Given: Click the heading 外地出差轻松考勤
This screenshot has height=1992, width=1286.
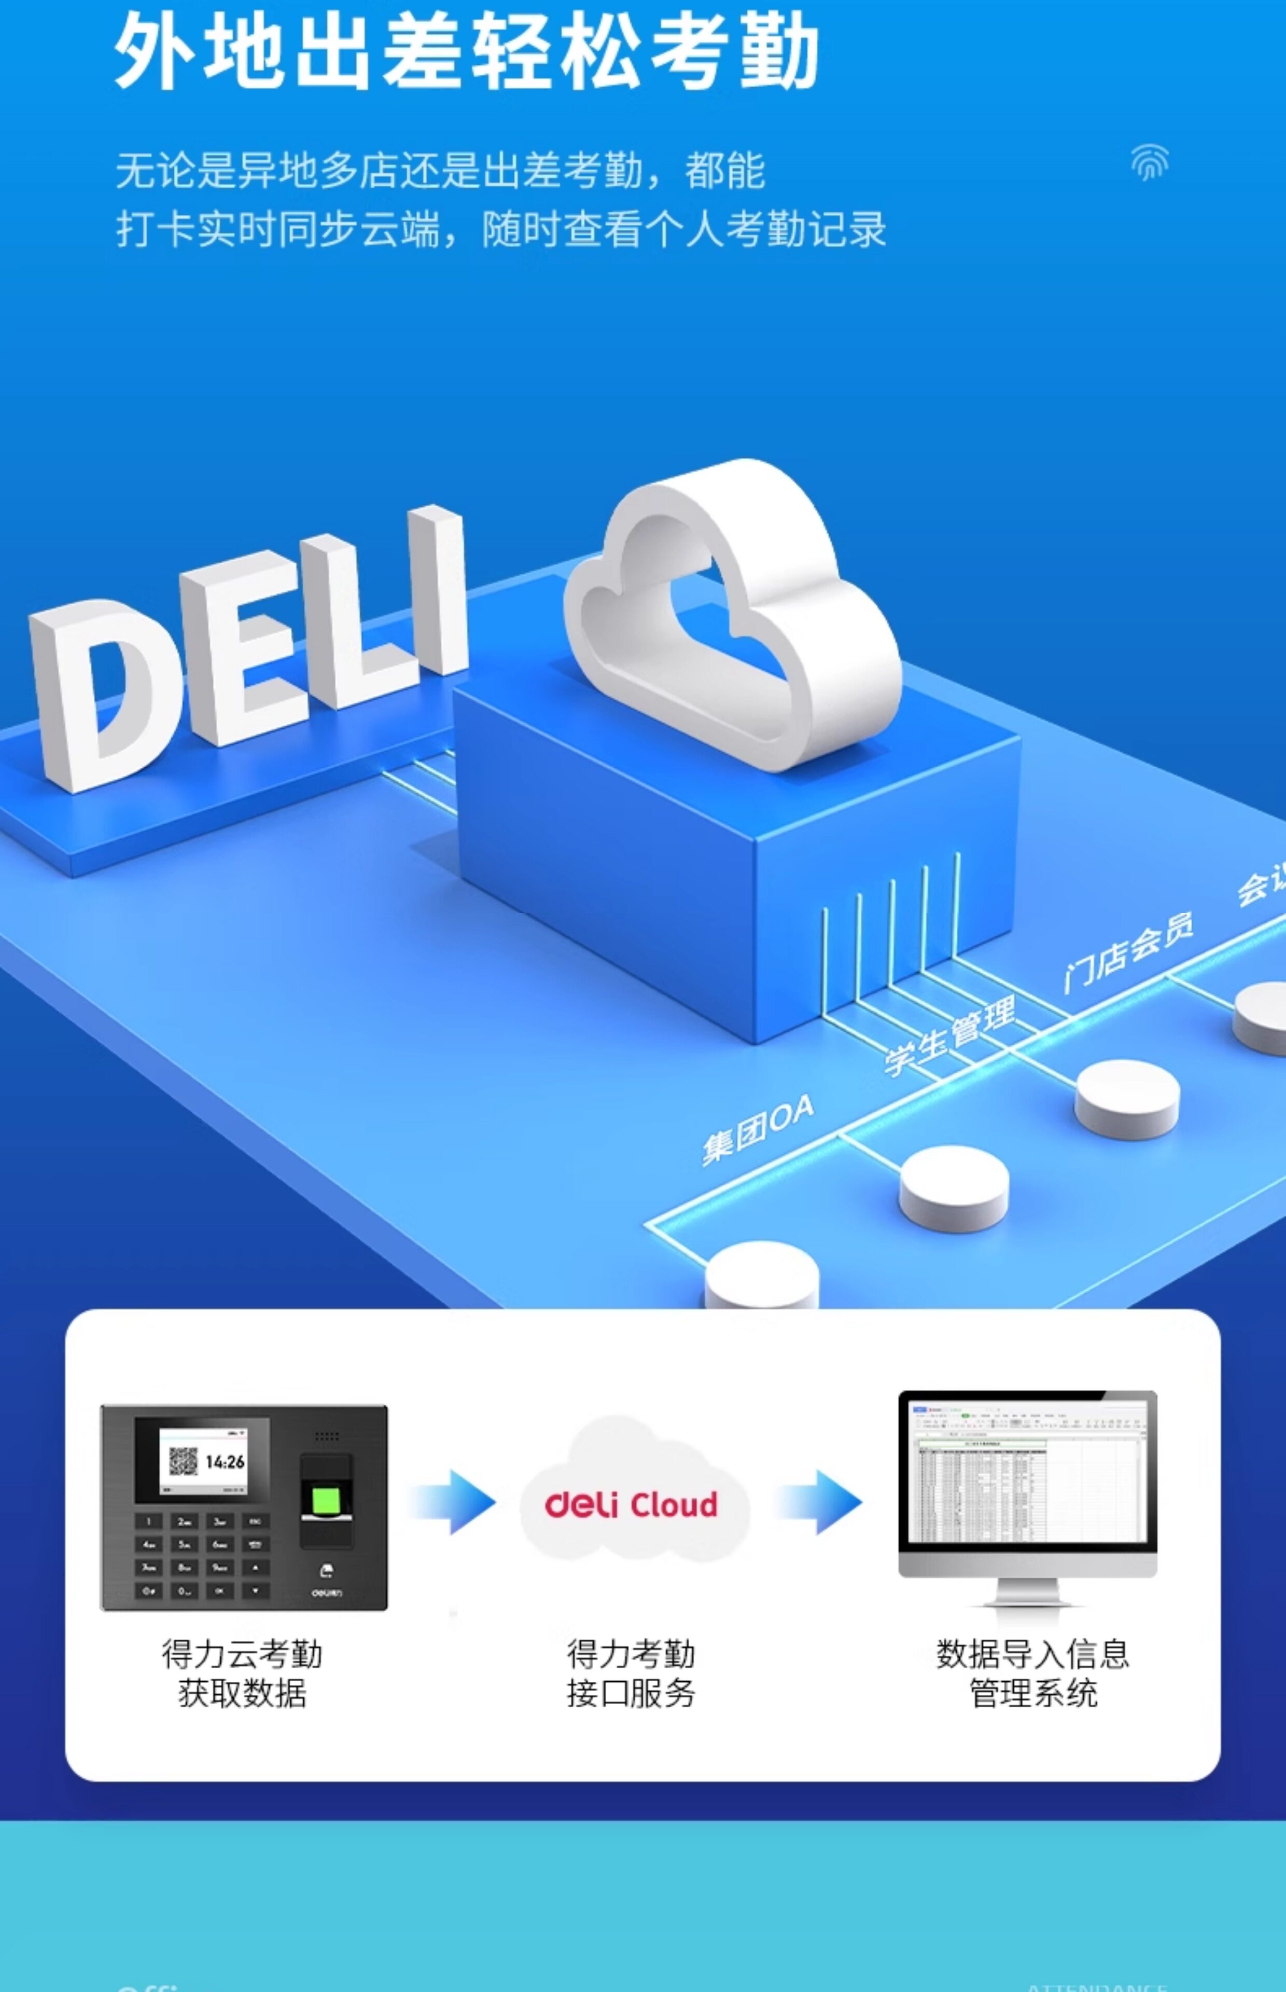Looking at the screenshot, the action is pos(466,52).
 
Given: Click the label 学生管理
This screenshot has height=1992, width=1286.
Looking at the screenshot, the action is pos(949,1035).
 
